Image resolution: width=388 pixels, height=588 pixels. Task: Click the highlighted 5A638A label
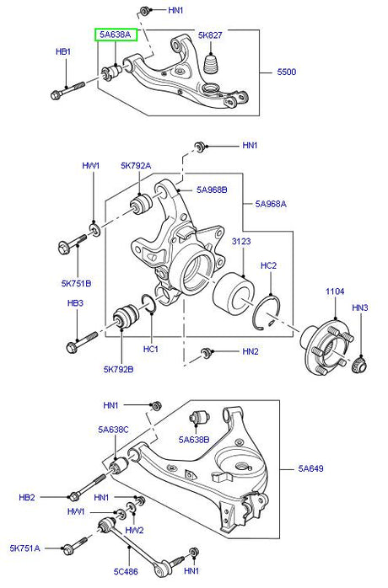point(115,35)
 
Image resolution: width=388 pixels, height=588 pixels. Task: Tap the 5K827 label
point(210,35)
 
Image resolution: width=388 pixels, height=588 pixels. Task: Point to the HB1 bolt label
point(63,52)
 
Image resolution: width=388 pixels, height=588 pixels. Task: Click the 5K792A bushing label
point(136,166)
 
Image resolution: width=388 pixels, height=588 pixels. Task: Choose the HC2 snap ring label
point(268,265)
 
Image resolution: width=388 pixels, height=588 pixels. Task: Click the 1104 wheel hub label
point(337,291)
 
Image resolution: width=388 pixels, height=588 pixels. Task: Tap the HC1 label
point(152,348)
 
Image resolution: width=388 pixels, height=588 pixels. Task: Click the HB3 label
point(76,302)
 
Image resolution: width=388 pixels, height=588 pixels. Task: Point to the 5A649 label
point(315,468)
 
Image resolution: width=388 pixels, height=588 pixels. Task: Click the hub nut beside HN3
point(358,364)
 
